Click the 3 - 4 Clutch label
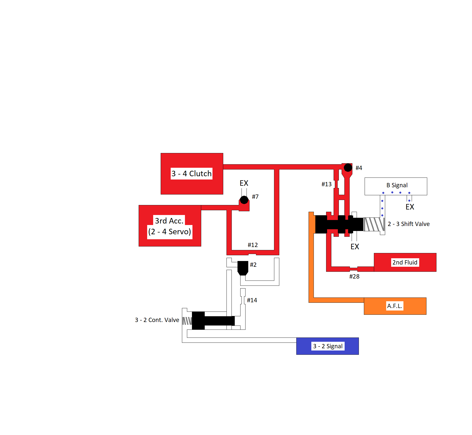click(x=191, y=173)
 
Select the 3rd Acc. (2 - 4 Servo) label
click(x=169, y=226)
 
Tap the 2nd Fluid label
click(x=405, y=262)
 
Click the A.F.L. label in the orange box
click(x=394, y=306)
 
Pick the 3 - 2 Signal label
click(x=328, y=346)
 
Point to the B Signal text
click(x=397, y=185)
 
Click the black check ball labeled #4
click(x=348, y=167)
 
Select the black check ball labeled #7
click(x=244, y=200)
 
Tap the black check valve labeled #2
click(x=243, y=267)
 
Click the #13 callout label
click(x=326, y=184)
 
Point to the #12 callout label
click(x=253, y=245)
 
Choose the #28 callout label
click(x=354, y=276)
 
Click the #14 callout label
click(x=252, y=300)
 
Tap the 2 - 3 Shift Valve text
click(x=408, y=224)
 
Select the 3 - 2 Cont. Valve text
click(x=157, y=320)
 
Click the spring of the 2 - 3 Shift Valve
click(x=374, y=224)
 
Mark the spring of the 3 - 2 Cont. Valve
click(x=187, y=321)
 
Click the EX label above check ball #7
click(x=244, y=183)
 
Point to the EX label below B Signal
click(x=410, y=207)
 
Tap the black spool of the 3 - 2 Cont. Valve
click(x=213, y=320)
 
